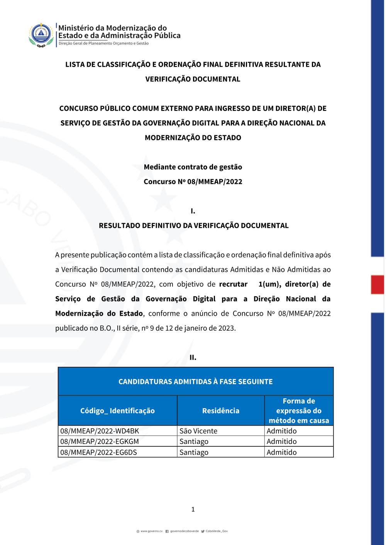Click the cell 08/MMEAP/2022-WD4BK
click(100, 431)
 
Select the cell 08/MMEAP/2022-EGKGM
click(100, 441)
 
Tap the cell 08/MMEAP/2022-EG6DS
click(99, 452)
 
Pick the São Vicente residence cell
click(198, 431)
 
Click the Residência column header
click(221, 411)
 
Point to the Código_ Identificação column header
click(117, 411)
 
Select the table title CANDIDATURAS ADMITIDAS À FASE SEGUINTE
click(195, 382)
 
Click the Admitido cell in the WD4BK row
click(282, 431)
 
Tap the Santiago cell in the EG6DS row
click(194, 452)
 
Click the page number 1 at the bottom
click(193, 510)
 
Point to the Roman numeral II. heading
click(193, 358)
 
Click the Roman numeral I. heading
click(193, 211)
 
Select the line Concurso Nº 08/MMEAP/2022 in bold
click(193, 182)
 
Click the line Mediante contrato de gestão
click(193, 167)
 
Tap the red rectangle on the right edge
click(378, 284)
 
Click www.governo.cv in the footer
click(151, 531)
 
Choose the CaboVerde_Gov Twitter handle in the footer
click(217, 531)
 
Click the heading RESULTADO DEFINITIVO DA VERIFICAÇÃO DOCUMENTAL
click(193, 226)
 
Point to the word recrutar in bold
click(233, 284)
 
